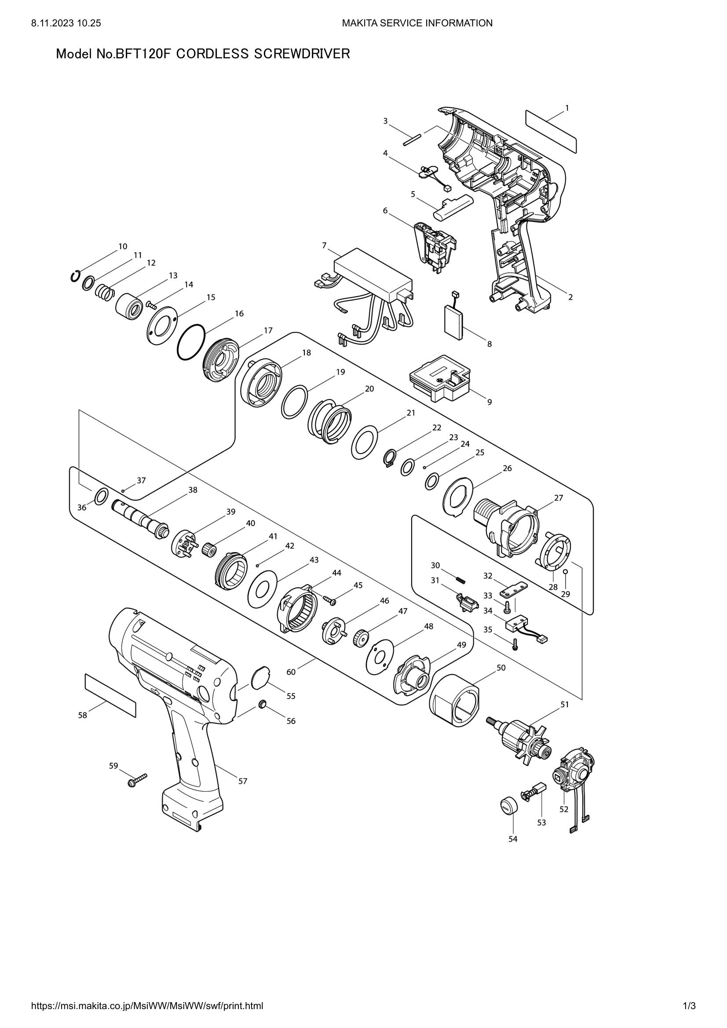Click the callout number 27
pos(558,498)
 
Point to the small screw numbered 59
pos(137,781)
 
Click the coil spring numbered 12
pos(106,293)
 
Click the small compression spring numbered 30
pos(461,579)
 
